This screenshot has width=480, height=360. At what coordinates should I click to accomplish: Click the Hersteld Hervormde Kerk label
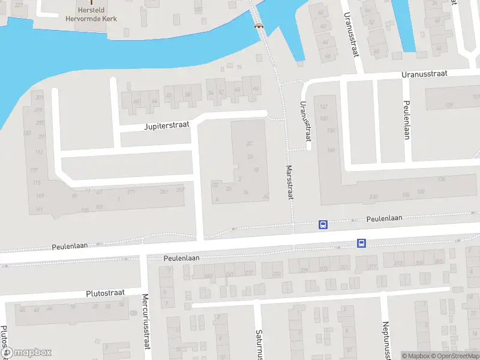[91, 14]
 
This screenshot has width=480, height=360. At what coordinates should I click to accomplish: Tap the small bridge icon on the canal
[259, 25]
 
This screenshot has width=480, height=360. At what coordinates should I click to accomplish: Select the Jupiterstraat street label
[166, 126]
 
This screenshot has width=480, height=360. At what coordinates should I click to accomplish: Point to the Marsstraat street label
[290, 182]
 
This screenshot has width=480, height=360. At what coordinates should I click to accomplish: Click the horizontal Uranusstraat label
[425, 74]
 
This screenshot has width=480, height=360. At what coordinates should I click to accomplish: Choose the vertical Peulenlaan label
[406, 120]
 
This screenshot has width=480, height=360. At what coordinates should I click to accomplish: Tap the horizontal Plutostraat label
[105, 293]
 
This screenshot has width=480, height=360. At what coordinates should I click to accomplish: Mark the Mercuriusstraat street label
[145, 322]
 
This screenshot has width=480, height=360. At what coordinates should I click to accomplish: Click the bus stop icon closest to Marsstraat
[323, 225]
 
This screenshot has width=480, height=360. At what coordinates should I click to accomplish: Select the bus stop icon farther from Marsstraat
[361, 243]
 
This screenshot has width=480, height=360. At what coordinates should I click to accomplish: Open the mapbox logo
[26, 353]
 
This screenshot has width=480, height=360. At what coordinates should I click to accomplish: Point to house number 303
[40, 97]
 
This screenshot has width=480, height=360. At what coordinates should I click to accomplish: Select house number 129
[449, 105]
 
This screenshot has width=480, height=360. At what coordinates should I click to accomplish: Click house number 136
[441, 179]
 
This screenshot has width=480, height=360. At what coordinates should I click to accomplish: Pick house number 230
[373, 197]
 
